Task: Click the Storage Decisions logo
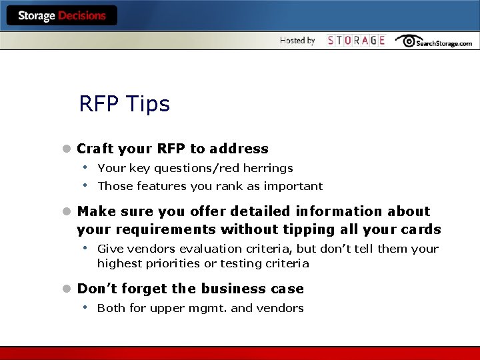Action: [61, 15]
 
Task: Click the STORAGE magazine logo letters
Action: [356, 41]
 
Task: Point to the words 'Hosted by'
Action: [297, 41]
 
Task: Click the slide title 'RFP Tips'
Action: [124, 104]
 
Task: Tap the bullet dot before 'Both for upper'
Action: [86, 307]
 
